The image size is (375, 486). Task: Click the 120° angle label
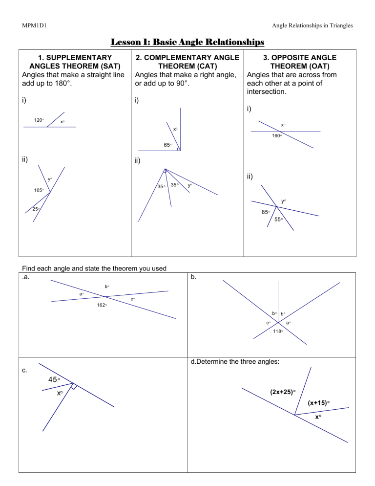coord(39,120)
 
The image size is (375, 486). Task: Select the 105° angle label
coord(39,190)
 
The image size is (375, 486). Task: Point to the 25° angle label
coord(36,209)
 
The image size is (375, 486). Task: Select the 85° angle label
coord(266,212)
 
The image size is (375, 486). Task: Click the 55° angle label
coord(278,220)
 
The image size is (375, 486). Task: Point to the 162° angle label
coord(102,305)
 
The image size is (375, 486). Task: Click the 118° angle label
coord(278,331)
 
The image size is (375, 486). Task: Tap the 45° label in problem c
coord(54,379)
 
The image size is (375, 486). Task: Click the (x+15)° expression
coord(318,403)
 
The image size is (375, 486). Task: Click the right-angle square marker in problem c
coord(74,386)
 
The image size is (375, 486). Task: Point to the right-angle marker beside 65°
coord(179,149)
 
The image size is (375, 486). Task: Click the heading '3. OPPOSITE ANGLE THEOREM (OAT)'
coord(300,62)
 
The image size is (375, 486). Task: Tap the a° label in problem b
coord(288,323)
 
